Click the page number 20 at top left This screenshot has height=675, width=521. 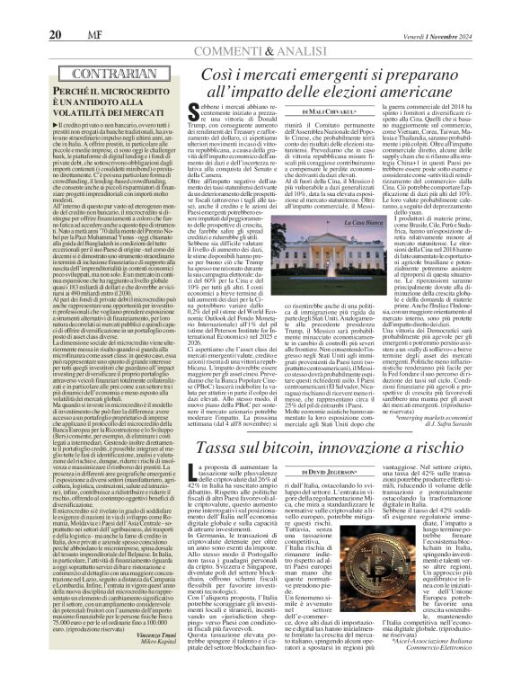[26, 10]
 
